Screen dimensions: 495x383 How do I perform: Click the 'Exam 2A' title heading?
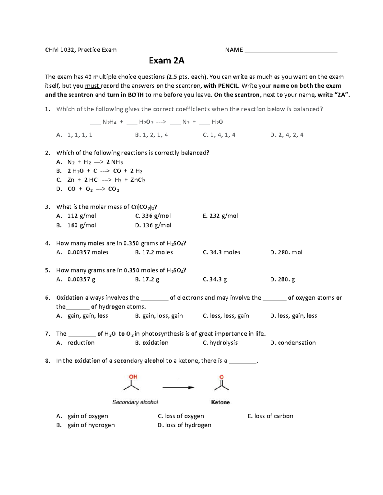[167, 61]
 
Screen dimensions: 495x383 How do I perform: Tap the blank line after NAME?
[290, 51]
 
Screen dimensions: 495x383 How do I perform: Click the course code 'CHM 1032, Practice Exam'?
[81, 50]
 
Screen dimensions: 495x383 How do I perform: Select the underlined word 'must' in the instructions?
[92, 86]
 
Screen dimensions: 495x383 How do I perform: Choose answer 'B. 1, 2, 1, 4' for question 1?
[151, 135]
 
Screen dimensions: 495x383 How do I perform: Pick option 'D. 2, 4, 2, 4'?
[287, 135]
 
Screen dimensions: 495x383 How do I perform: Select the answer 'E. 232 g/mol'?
[220, 216]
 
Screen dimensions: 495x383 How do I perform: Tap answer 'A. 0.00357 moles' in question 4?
[82, 252]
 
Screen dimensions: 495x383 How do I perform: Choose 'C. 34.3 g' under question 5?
[215, 279]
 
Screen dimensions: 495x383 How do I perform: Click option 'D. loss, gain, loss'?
[293, 316]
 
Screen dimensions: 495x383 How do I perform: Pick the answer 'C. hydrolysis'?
[220, 343]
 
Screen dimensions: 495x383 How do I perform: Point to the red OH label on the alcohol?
[133, 377]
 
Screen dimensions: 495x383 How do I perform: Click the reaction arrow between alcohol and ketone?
[178, 388]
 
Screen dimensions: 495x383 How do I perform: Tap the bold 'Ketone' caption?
[220, 402]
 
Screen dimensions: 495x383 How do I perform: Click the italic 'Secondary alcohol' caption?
[135, 402]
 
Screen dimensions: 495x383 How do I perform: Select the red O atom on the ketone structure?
[222, 377]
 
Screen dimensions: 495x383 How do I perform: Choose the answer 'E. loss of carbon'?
[270, 416]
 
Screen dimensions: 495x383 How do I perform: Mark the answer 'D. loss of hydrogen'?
[184, 425]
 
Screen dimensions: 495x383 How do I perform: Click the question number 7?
[48, 334]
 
